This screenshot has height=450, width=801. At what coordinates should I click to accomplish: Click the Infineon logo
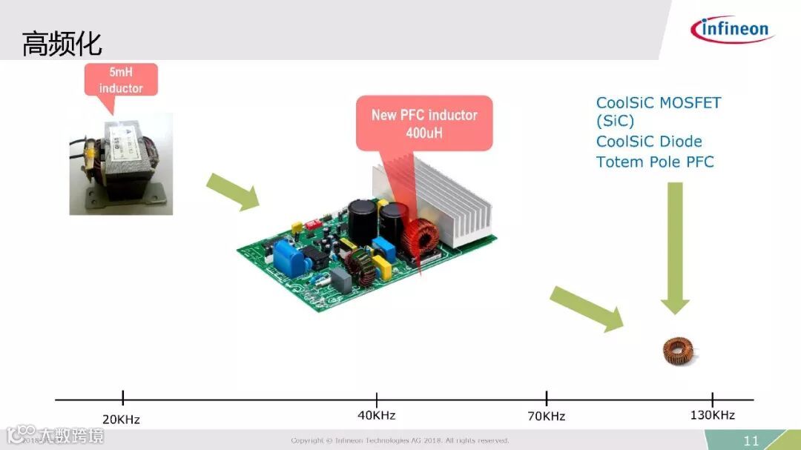click(x=732, y=30)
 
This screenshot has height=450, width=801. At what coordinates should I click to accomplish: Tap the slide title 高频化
click(x=62, y=43)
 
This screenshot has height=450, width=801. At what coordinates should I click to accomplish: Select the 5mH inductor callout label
click(x=121, y=80)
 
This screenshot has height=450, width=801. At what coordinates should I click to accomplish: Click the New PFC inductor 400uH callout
click(x=424, y=123)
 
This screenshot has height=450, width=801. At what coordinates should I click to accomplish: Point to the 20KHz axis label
click(x=121, y=420)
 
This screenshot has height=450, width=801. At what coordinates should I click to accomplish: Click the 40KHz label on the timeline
click(x=377, y=415)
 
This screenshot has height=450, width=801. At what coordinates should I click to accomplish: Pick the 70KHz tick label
click(x=546, y=416)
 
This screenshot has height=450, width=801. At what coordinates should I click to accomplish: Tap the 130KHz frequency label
click(x=712, y=415)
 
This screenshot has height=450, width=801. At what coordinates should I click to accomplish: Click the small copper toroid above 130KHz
click(x=679, y=349)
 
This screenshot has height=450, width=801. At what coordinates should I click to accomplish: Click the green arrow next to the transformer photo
click(x=232, y=191)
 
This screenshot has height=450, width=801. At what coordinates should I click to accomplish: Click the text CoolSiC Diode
click(x=649, y=142)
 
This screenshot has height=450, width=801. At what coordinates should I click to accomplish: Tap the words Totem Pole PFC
click(x=655, y=162)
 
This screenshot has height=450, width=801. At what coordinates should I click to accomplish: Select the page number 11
click(x=751, y=441)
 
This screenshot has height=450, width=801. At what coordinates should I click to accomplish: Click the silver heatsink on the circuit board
click(x=445, y=200)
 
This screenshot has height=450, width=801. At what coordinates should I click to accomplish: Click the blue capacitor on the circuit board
click(x=286, y=254)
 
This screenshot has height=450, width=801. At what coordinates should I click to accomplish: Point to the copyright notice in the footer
click(x=400, y=441)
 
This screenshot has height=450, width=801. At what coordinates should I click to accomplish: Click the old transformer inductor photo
click(x=121, y=164)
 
